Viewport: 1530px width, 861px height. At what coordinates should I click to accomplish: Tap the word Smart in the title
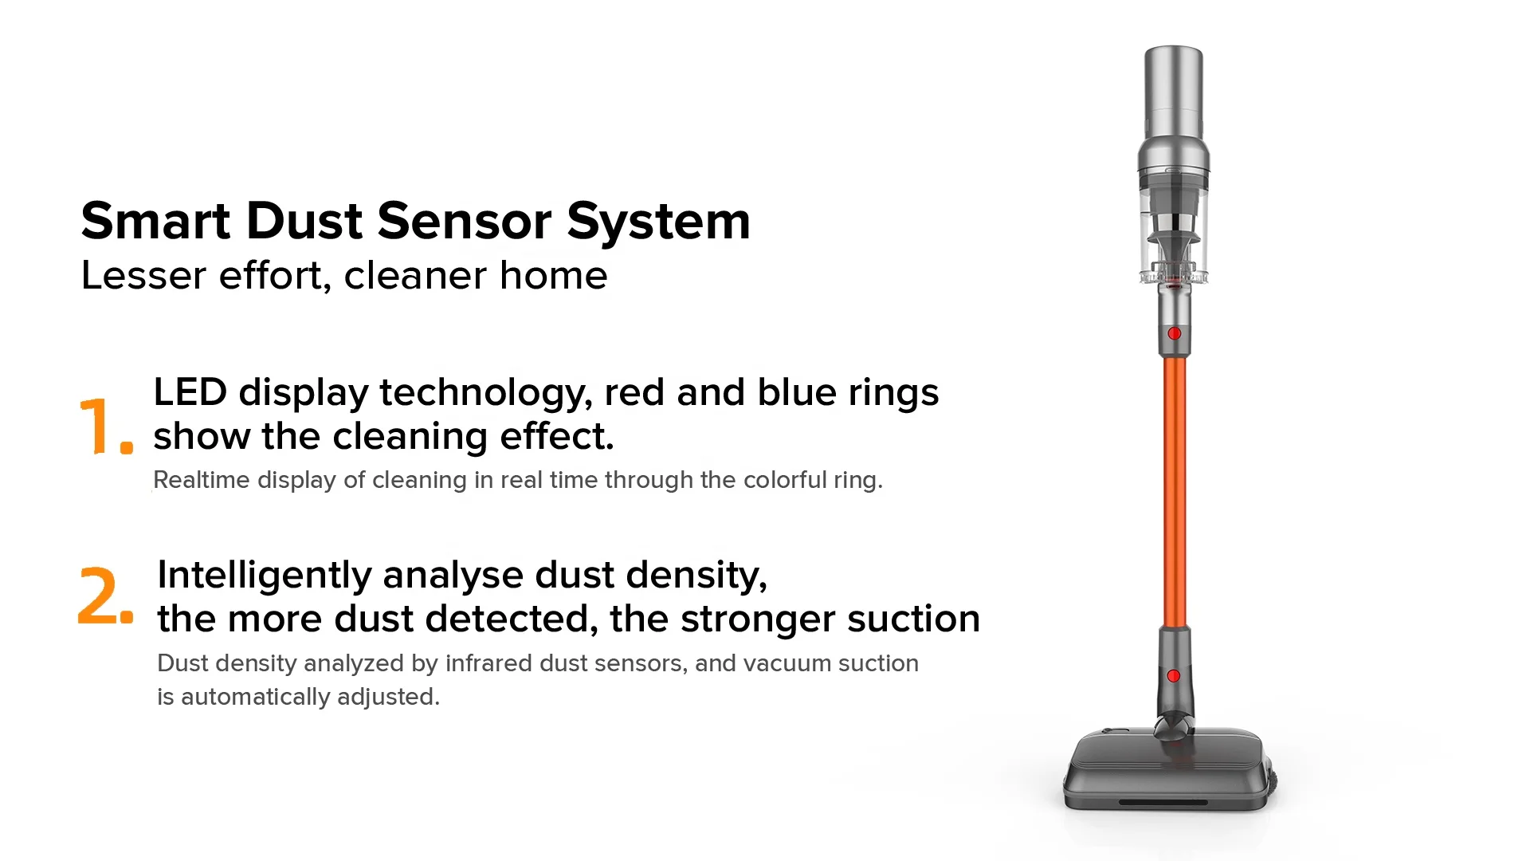coord(155,221)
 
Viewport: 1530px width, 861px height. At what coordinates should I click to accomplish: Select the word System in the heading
coord(658,222)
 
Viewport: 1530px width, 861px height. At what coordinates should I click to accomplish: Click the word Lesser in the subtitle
coord(143,276)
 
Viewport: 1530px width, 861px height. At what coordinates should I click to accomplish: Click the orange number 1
coord(97,426)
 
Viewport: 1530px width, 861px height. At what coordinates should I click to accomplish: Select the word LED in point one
coord(189,392)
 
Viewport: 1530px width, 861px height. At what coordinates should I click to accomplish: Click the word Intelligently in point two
coord(264,576)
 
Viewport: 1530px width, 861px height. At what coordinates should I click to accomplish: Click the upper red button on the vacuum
coord(1174,333)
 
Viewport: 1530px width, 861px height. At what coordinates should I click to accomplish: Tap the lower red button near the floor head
coord(1173,676)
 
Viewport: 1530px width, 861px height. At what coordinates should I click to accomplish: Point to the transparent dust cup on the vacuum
coord(1173,231)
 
